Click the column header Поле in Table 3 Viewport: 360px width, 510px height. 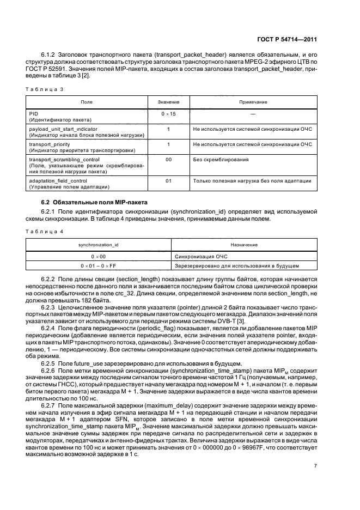coord(87,102)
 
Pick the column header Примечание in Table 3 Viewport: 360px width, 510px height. coord(253,102)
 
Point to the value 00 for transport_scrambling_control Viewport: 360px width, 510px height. coord(168,160)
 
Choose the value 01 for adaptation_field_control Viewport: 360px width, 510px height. coord(168,180)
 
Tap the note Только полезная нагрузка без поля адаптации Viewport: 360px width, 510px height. coord(252,180)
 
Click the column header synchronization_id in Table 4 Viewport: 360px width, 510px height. coord(99,245)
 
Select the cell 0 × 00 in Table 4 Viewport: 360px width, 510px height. coord(99,256)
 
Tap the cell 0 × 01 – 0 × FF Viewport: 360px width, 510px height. coord(99,265)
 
